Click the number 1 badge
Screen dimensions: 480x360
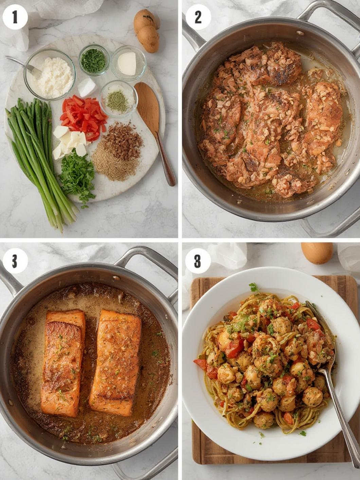(15, 17)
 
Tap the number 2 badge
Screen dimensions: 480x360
(198, 17)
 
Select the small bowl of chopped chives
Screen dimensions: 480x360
(94, 60)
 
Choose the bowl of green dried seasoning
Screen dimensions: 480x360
(118, 98)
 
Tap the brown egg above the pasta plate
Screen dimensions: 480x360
(317, 253)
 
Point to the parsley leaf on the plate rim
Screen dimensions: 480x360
(253, 288)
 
